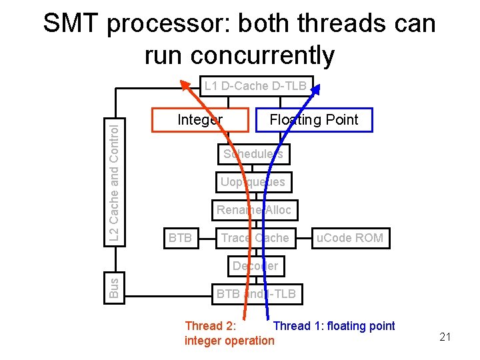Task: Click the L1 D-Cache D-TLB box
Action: (x=255, y=86)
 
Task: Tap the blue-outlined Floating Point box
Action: (x=314, y=120)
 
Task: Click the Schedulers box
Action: (x=253, y=154)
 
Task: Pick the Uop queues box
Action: (x=253, y=182)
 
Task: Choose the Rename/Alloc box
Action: (x=254, y=210)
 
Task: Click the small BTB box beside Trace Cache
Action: (x=181, y=238)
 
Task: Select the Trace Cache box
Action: (x=255, y=238)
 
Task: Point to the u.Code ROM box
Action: (x=350, y=238)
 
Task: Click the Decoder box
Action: (x=255, y=266)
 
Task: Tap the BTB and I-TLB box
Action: (x=255, y=293)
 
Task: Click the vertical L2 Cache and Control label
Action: (x=115, y=180)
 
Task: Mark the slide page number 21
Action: (x=445, y=337)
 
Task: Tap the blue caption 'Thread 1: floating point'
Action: (x=334, y=326)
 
